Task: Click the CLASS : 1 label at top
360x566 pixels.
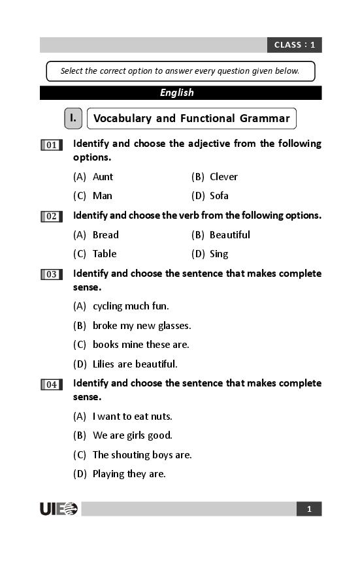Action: click(294, 45)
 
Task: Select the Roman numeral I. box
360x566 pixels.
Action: click(73, 119)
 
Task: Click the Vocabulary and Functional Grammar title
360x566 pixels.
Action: click(191, 119)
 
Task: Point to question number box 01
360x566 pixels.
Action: click(51, 145)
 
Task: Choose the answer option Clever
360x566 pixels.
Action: click(223, 177)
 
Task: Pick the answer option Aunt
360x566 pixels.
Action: click(103, 177)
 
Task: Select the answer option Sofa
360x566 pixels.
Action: click(219, 196)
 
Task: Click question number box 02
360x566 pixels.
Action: click(51, 217)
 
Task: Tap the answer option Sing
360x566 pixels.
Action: click(219, 254)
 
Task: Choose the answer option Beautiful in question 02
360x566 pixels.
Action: click(229, 235)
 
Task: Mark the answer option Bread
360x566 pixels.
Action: click(105, 235)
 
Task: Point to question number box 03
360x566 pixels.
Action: click(51, 275)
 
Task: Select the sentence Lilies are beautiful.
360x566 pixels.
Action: click(135, 364)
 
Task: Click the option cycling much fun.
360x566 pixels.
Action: click(131, 306)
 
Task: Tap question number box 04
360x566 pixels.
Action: click(51, 385)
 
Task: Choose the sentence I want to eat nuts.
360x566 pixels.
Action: click(132, 417)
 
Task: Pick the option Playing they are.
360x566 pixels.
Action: click(129, 474)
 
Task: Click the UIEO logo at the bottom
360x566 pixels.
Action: click(59, 509)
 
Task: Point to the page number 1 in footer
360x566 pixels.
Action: click(309, 509)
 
